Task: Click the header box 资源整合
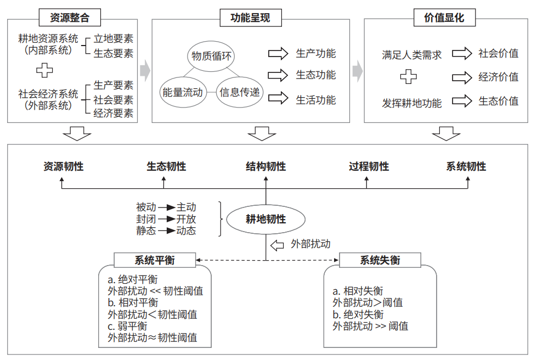point(70,18)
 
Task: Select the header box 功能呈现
point(251,18)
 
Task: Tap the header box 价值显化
point(444,18)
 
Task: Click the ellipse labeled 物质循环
point(211,56)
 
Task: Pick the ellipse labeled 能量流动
point(183,93)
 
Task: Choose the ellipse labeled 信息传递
point(239,93)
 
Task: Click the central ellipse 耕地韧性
point(266,219)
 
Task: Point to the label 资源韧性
point(64,166)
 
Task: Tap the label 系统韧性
point(466,166)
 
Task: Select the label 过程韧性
point(369,166)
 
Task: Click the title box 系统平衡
point(155,260)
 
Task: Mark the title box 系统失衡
point(380,260)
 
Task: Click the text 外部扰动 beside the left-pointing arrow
point(310,244)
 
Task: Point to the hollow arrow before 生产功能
point(278,54)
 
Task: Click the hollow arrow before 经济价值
point(462,77)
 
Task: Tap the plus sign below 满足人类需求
point(409,77)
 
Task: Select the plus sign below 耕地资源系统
point(44,70)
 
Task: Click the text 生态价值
point(498,101)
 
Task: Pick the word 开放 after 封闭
point(186,219)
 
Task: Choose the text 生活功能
point(316,100)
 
